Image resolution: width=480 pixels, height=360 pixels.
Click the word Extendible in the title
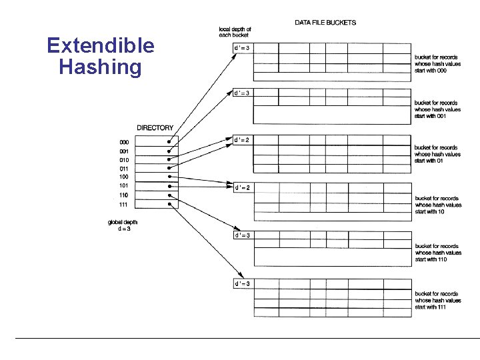pos(101,46)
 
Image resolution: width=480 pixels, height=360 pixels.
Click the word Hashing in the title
pos(100,67)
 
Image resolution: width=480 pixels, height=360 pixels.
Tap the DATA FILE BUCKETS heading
pos(325,23)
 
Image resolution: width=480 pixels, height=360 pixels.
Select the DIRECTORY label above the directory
pos(155,128)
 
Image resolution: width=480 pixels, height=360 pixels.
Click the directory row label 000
pos(124,143)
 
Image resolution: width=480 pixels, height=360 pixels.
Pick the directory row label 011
pos(124,169)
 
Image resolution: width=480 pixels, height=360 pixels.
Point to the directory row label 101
pos(124,186)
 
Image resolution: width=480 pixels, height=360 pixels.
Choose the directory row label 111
pos(124,204)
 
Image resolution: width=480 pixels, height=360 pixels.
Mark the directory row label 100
pos(124,177)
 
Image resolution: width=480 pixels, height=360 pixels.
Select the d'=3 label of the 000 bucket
pos(241,47)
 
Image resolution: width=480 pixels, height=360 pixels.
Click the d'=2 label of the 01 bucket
pos(241,140)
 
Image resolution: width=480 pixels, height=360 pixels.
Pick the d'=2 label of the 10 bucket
pos(241,188)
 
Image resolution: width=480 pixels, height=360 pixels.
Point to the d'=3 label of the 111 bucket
pos(241,284)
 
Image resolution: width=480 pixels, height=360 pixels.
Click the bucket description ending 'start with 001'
pos(437,109)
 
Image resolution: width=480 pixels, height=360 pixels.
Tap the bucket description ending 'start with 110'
pos(437,253)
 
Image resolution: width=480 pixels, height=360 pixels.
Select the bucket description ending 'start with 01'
pos(437,154)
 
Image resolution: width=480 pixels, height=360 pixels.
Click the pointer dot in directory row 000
pos(171,142)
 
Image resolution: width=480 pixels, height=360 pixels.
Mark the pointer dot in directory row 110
pos(171,195)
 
